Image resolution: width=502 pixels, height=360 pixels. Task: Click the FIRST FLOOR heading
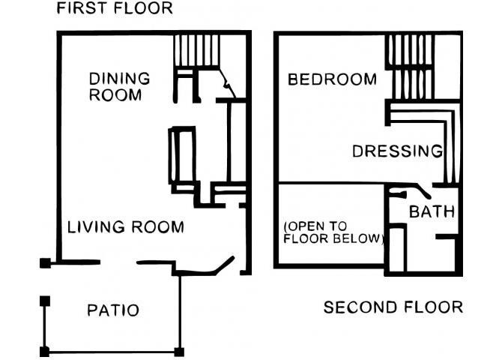[115, 8]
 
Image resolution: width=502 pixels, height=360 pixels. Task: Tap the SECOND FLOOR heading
[393, 307]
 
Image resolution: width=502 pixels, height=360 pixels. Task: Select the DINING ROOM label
[119, 87]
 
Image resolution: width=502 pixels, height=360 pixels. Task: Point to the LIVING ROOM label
[126, 227]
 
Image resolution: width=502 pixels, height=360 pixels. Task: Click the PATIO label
[113, 310]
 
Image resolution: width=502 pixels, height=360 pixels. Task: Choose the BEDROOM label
[332, 79]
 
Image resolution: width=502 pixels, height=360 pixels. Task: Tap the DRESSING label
[397, 151]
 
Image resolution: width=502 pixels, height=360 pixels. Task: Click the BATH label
[432, 212]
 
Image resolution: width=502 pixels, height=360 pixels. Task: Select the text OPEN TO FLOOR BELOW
[333, 232]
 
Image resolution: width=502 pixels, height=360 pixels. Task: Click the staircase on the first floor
[196, 50]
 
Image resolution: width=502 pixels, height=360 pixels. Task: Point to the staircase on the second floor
[410, 67]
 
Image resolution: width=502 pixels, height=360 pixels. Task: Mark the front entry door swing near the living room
[224, 265]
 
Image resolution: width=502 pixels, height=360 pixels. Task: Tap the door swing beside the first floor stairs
[227, 83]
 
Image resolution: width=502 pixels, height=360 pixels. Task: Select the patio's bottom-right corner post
[179, 352]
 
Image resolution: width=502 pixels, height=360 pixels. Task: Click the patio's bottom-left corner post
[44, 352]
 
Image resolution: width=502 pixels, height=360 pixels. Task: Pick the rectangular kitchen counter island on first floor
[182, 155]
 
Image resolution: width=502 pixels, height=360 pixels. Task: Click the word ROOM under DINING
[115, 95]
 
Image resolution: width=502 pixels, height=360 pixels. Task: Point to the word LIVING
[96, 227]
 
